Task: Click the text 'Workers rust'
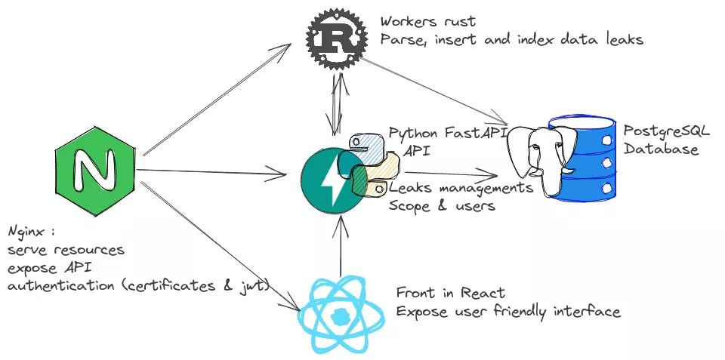pos(427,22)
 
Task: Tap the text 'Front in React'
pos(450,293)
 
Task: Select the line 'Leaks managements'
pos(461,187)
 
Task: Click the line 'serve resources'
pos(66,248)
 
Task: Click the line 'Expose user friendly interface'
pos(507,311)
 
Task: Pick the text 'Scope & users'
pos(442,205)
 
